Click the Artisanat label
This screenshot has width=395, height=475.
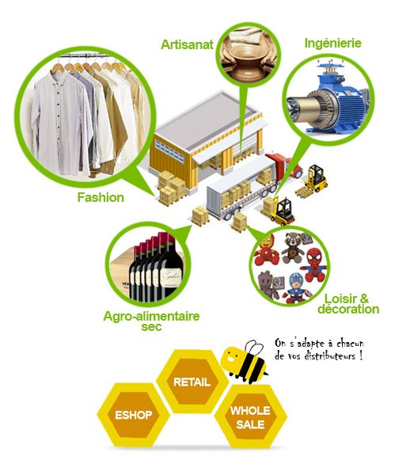187,44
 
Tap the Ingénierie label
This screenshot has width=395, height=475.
333,43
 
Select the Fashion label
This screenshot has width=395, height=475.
101,197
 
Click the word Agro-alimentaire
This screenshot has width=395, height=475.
151,316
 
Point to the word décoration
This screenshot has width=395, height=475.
348,309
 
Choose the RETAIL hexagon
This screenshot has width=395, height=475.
192,382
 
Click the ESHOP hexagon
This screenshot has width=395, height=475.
133,415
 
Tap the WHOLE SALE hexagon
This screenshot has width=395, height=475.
250,417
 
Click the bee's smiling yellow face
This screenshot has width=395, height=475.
232,359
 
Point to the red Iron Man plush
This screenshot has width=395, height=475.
268,250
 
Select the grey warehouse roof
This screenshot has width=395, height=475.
209,119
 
